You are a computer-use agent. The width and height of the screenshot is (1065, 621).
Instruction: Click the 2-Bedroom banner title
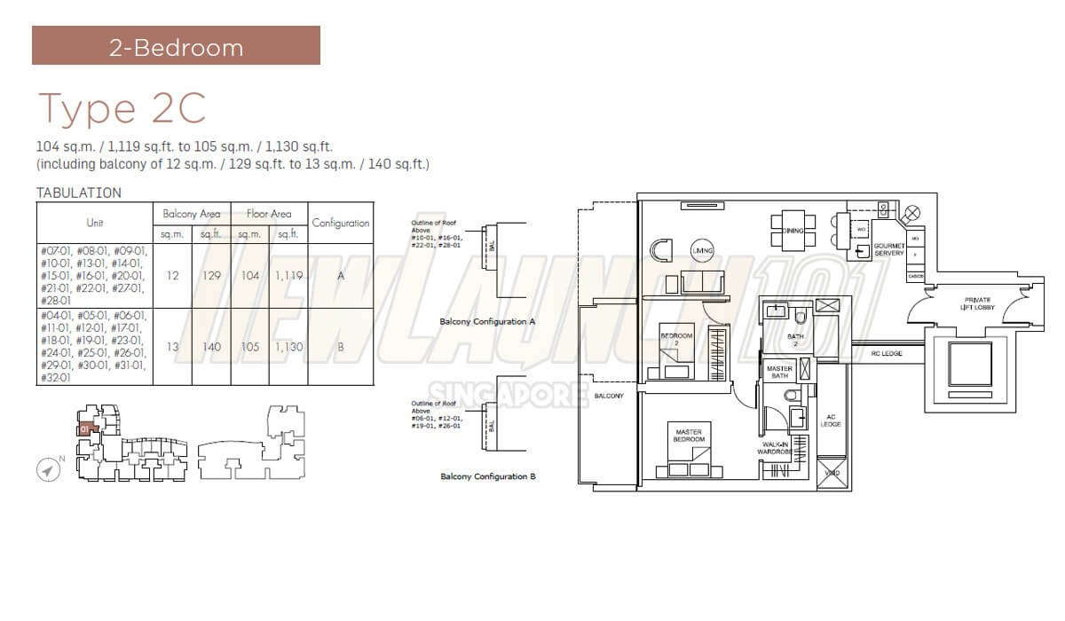click(x=176, y=46)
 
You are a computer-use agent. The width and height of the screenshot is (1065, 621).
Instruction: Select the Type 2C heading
click(x=122, y=107)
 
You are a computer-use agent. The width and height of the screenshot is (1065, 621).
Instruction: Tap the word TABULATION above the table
click(x=79, y=193)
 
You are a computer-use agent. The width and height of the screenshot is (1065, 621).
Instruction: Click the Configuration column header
click(x=340, y=224)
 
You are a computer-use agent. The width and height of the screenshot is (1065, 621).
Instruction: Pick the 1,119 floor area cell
click(x=288, y=276)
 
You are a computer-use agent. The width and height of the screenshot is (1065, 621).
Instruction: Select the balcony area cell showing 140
click(x=211, y=347)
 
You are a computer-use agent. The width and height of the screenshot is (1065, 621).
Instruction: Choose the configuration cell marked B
click(x=340, y=347)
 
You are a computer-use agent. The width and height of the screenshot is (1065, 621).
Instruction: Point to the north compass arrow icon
click(x=49, y=470)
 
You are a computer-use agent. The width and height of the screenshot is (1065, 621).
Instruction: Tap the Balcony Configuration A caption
click(x=487, y=322)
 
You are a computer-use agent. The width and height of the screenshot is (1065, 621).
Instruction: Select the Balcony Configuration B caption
click(x=487, y=476)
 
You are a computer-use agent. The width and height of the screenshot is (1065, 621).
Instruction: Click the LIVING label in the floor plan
click(x=703, y=248)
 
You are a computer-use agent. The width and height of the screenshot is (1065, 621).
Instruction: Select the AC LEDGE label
click(x=832, y=421)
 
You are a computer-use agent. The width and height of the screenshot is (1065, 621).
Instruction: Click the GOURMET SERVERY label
click(x=888, y=249)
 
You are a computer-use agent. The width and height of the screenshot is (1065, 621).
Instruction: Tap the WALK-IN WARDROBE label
click(x=774, y=448)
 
